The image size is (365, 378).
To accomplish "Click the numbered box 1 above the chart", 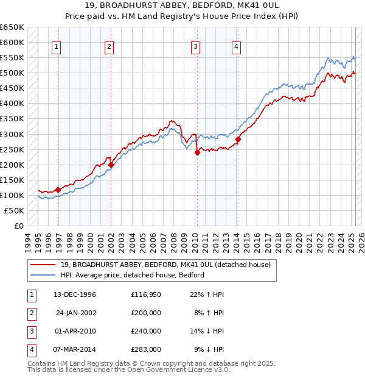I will [x=56, y=47].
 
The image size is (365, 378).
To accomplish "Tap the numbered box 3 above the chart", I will [x=195, y=47].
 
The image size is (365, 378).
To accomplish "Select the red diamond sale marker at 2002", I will [x=111, y=164].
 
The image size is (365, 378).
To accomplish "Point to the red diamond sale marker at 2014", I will [x=238, y=139].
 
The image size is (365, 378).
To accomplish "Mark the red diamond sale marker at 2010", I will [x=197, y=152].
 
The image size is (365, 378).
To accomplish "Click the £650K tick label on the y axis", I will [x=12, y=27].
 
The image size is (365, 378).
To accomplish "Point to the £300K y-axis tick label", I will [x=12, y=134].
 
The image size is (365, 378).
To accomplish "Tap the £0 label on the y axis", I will [x=19, y=226].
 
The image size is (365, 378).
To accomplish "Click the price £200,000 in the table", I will [x=146, y=313].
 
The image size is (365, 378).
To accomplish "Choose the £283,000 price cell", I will [x=146, y=349].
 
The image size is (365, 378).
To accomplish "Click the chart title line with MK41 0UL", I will [x=182, y=7].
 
